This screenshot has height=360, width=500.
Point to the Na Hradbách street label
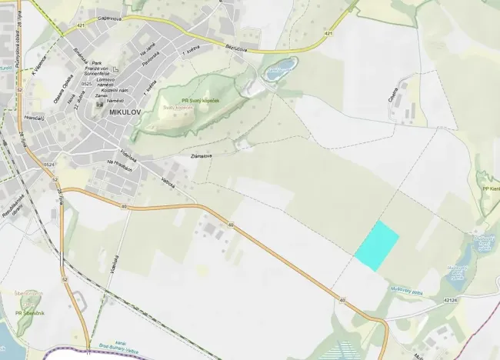122,163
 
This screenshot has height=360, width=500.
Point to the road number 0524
49,165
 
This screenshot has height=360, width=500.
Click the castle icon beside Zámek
99,105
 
